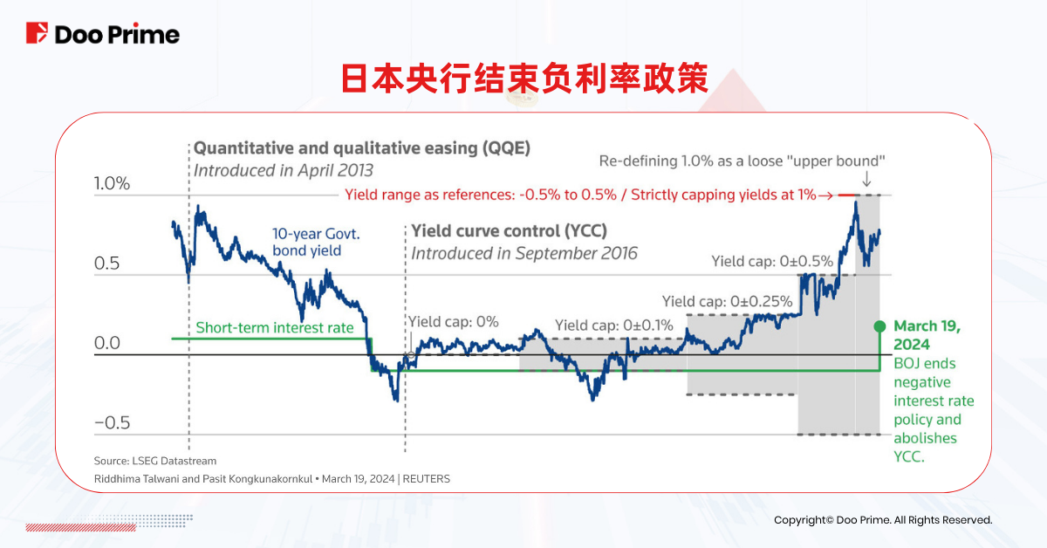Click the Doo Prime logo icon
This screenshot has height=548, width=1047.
(38, 34)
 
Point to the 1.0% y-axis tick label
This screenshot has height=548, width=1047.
(112, 184)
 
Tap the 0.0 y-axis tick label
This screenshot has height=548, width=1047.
(107, 344)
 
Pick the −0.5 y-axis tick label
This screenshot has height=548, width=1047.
(112, 423)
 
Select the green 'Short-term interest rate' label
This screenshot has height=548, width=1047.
(275, 328)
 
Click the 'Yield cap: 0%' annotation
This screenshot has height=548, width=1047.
(454, 322)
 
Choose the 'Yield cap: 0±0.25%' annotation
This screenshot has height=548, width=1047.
(727, 302)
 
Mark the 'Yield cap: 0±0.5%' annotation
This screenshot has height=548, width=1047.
(772, 261)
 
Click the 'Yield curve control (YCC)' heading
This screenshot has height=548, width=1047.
(509, 231)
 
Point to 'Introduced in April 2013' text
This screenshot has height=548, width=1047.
(283, 170)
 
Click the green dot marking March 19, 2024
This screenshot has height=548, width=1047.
(879, 325)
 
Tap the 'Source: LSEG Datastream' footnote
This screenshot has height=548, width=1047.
(155, 461)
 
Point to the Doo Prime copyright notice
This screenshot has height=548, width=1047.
(883, 520)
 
